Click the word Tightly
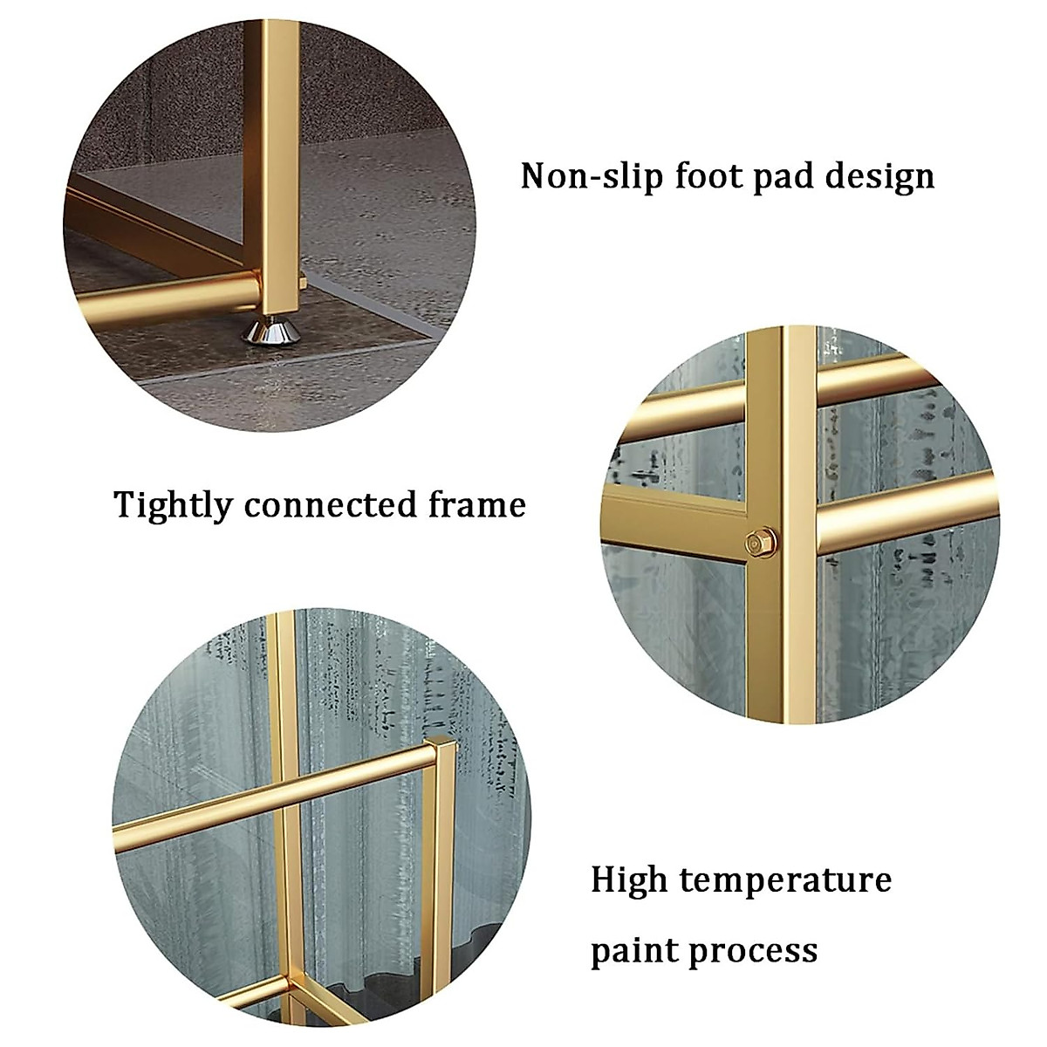pyautogui.click(x=173, y=506)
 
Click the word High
pyautogui.click(x=629, y=879)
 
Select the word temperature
pyautogui.click(x=785, y=880)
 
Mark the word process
pyautogui.click(x=758, y=948)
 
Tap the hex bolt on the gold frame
pyautogui.click(x=755, y=542)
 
